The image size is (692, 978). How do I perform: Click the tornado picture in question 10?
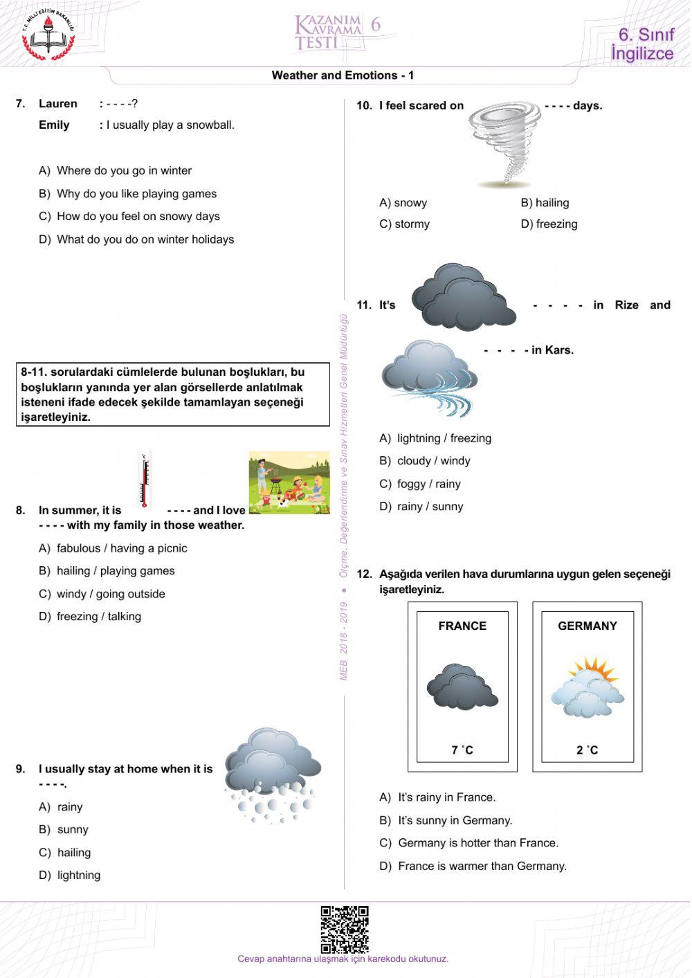504,144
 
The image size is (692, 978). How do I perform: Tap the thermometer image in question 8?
145,480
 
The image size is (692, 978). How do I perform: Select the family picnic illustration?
289,482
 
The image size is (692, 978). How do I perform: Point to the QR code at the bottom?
344,929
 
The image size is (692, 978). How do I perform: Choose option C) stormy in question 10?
405,224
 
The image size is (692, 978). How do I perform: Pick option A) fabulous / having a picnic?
113,548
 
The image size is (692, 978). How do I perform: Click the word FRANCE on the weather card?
462,626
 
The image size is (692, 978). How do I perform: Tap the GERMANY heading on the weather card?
587,626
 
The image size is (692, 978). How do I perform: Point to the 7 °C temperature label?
462,750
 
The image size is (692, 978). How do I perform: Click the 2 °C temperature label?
587,750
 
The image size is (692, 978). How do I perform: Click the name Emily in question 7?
54,125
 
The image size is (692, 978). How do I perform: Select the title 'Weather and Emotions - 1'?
343,75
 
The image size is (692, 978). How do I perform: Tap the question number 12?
364,574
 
